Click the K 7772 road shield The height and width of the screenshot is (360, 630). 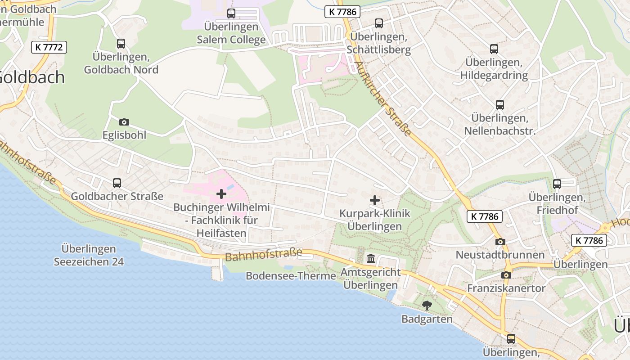(49, 47)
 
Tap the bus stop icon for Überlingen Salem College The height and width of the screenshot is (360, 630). (231, 13)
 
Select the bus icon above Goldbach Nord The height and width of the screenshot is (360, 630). (121, 44)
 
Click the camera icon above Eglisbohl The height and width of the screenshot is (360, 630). (124, 122)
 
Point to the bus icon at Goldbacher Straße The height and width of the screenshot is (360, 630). (117, 183)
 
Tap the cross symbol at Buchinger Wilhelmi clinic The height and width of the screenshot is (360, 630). (221, 194)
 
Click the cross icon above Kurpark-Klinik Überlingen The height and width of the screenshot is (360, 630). (374, 200)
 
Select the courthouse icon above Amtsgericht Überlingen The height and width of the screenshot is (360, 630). (371, 259)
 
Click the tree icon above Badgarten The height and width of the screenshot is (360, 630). (427, 306)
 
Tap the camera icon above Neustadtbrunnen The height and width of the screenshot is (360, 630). (500, 242)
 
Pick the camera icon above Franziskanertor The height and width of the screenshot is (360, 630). (506, 275)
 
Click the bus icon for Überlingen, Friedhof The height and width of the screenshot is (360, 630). (557, 184)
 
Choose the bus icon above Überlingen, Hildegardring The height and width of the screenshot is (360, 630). (494, 49)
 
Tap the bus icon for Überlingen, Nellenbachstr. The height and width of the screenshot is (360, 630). (500, 105)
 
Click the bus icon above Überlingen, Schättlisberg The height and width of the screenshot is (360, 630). (379, 23)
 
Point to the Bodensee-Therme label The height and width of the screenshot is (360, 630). (291, 276)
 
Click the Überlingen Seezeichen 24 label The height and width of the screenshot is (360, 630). (89, 255)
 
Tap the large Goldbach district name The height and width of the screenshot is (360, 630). (31, 77)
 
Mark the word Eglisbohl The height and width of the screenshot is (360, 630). (124, 135)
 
